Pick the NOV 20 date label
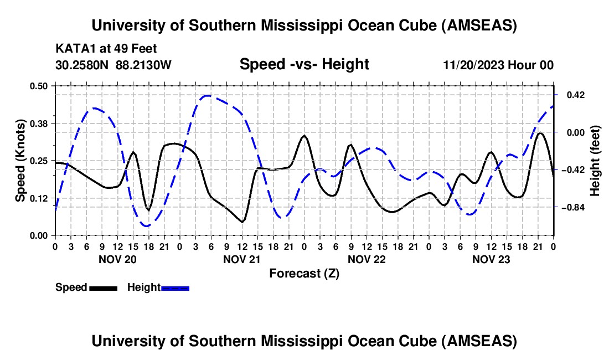point(117,259)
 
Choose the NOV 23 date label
point(491,259)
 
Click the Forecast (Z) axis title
point(304,273)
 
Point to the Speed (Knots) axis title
point(20,161)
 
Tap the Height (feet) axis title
point(595,161)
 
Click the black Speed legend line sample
point(103,287)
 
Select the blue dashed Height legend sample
point(176,287)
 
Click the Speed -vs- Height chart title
point(304,64)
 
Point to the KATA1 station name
point(74,49)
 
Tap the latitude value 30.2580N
point(82,65)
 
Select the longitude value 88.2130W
point(144,65)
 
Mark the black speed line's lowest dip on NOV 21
point(242,222)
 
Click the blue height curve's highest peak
point(206,96)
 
